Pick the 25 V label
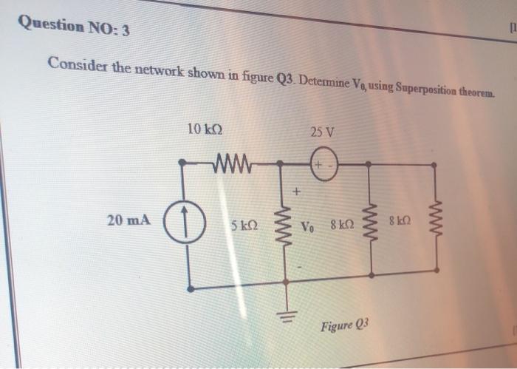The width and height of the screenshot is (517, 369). click(x=322, y=133)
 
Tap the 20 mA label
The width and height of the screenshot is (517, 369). click(x=129, y=220)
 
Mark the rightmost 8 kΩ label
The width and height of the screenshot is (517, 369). click(x=407, y=221)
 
